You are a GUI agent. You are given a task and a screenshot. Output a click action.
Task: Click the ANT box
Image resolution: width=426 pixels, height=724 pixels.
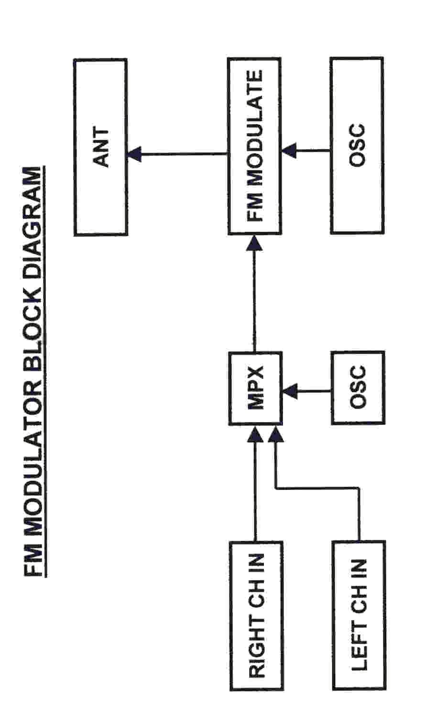click(x=100, y=147)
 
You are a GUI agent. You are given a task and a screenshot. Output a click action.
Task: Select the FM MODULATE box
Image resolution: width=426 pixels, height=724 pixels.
click(x=254, y=146)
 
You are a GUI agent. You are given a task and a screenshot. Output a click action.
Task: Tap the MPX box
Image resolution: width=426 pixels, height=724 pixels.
click(x=255, y=388)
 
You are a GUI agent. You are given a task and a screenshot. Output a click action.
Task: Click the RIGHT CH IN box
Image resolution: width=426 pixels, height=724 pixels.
click(x=256, y=615)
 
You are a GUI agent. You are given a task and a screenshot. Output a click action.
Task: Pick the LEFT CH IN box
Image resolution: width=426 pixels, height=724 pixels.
click(x=358, y=615)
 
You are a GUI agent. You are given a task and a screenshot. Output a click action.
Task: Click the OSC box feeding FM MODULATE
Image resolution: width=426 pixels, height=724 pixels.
click(x=357, y=145)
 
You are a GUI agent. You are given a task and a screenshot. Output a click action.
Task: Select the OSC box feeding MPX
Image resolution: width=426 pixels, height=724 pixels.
click(x=358, y=388)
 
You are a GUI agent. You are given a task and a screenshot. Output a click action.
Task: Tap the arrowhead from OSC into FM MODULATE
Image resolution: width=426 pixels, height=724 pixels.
click(x=289, y=150)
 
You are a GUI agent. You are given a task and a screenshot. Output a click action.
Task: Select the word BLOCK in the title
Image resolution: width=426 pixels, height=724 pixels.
click(x=35, y=322)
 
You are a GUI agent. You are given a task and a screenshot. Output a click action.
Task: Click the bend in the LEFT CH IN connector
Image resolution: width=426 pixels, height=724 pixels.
click(x=276, y=488)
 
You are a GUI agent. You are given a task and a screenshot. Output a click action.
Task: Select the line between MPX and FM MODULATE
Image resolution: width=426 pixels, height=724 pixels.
click(x=254, y=301)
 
